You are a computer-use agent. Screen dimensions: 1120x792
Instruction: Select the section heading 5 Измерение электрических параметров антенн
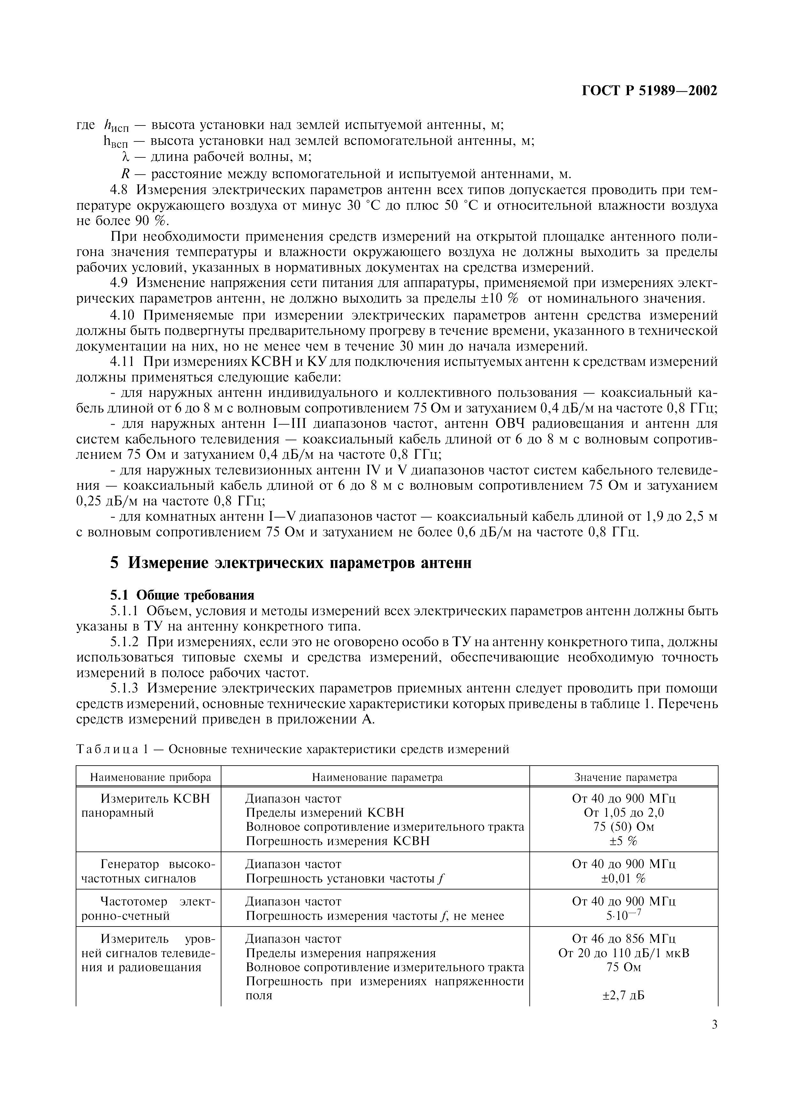click(x=291, y=563)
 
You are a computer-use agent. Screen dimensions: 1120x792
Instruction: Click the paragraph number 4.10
click(x=123, y=315)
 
